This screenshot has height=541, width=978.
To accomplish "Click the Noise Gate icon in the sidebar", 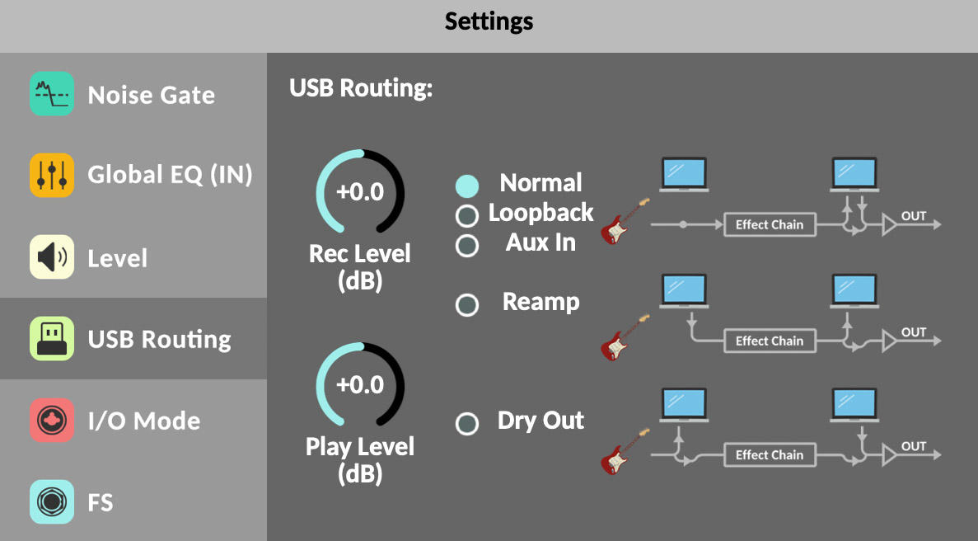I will click(52, 94).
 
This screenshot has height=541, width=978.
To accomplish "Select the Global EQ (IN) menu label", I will click(170, 175).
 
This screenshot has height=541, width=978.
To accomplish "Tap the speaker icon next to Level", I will click(52, 257).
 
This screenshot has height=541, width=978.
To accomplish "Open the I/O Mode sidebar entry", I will click(143, 421).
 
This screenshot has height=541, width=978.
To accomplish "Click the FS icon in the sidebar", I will click(52, 501).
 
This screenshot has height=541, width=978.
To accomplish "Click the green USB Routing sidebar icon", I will click(52, 339).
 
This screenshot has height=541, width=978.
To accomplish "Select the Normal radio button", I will click(467, 186).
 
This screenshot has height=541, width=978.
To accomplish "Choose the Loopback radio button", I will click(467, 216).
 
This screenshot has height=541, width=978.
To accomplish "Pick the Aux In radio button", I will click(467, 246).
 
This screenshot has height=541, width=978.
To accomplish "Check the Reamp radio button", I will click(467, 305).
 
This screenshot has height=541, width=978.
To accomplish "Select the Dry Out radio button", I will click(467, 424).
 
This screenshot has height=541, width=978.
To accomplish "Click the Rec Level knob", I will click(361, 192).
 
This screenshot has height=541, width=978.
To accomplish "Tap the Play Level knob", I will click(361, 385).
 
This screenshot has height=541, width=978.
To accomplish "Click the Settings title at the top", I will click(489, 21).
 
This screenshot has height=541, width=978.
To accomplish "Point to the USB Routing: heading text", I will click(361, 89).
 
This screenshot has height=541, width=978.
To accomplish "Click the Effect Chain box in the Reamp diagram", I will click(769, 341).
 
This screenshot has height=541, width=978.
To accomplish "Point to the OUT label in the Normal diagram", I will click(914, 216).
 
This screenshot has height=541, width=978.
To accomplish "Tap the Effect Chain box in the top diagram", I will click(769, 224).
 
